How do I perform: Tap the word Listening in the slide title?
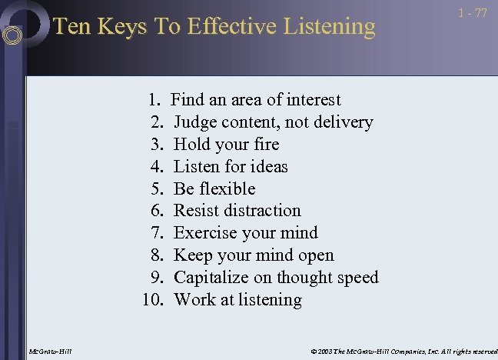point(327,27)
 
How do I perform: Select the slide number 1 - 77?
point(473,14)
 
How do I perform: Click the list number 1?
point(154,100)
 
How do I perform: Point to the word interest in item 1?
point(314,100)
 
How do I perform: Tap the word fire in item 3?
point(266,145)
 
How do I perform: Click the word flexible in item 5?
point(227,189)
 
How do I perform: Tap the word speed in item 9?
point(357,278)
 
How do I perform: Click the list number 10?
point(153,300)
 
